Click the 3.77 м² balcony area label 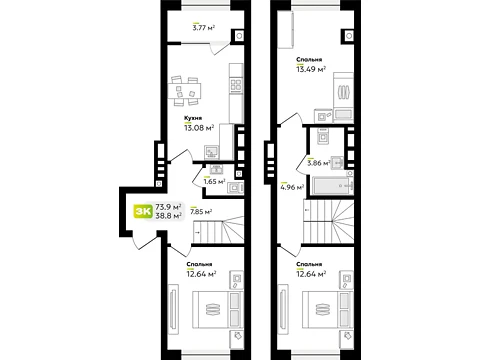[x=203, y=27]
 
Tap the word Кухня [x=193, y=118]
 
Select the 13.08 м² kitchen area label [x=199, y=127]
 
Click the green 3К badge [x=143, y=211]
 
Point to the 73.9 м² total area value [x=168, y=207]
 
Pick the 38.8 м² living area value [x=168, y=216]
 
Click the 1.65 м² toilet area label [x=214, y=182]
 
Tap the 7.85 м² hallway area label [x=201, y=211]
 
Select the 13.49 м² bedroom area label [x=311, y=69]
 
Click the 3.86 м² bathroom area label [x=319, y=163]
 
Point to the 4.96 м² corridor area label [x=292, y=187]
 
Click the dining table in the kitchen [x=184, y=91]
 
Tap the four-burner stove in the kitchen [x=236, y=85]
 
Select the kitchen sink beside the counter [x=212, y=152]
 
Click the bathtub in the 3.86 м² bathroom [x=332, y=186]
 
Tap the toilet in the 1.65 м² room [x=235, y=188]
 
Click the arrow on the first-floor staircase [x=197, y=232]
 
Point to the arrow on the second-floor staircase [x=307, y=210]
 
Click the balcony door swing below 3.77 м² [x=220, y=48]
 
